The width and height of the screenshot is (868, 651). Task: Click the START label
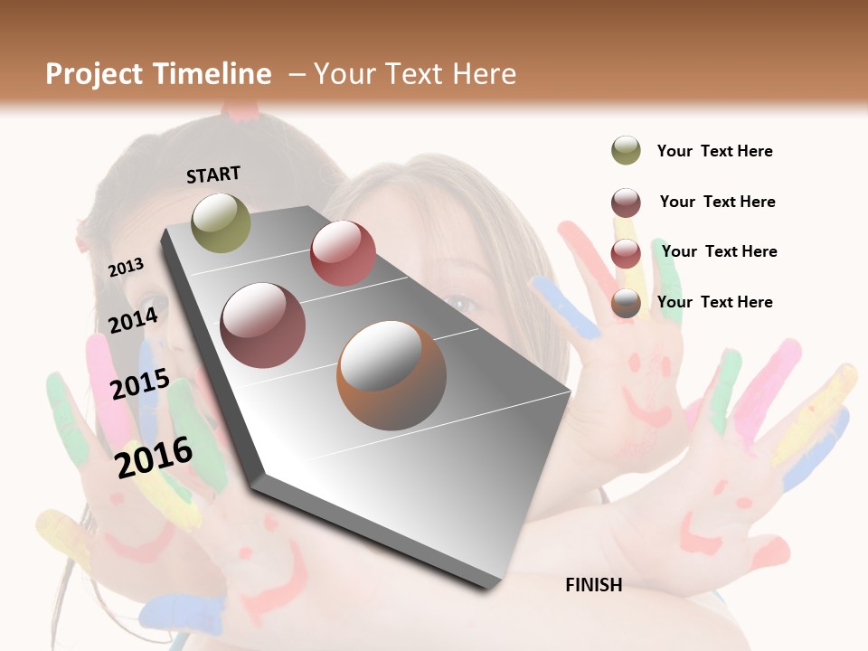point(213,175)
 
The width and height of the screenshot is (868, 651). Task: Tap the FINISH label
point(594,585)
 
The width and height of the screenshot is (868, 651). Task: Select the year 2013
point(127,268)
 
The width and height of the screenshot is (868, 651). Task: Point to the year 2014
point(134,321)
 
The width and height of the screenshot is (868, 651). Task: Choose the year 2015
point(140,384)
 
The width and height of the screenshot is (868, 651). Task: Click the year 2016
point(155,457)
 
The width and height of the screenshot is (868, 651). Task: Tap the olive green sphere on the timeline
point(222,222)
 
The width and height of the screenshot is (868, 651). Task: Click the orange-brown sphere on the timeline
point(392,375)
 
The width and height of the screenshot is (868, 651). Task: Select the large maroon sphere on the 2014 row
point(263,325)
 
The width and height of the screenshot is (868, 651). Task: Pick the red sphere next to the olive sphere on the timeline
point(343,253)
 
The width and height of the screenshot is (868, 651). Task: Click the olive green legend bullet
point(626,151)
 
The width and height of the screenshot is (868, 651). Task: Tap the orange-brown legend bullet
point(626,303)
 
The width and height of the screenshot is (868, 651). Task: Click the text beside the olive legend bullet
point(714,152)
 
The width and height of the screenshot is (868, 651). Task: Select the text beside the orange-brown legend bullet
point(714,302)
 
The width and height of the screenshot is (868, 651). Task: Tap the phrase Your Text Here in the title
point(415,74)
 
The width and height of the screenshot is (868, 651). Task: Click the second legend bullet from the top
point(626,203)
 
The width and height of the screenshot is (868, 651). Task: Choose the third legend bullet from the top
point(626,253)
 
